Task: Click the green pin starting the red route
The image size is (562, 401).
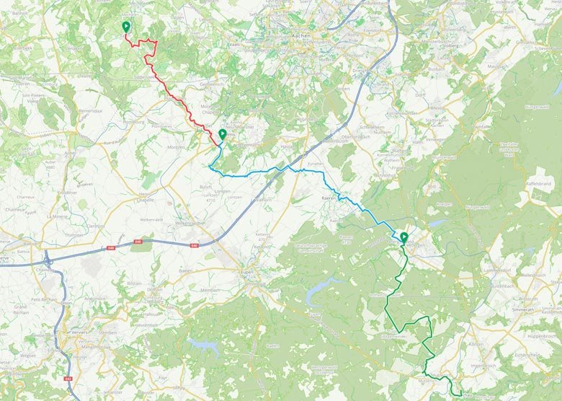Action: click(x=126, y=27)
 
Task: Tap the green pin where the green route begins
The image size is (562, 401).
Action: click(x=403, y=237)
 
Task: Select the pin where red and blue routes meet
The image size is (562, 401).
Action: click(x=222, y=134)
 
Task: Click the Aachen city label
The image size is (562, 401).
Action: click(x=300, y=34)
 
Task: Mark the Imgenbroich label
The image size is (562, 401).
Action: click(x=481, y=365)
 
